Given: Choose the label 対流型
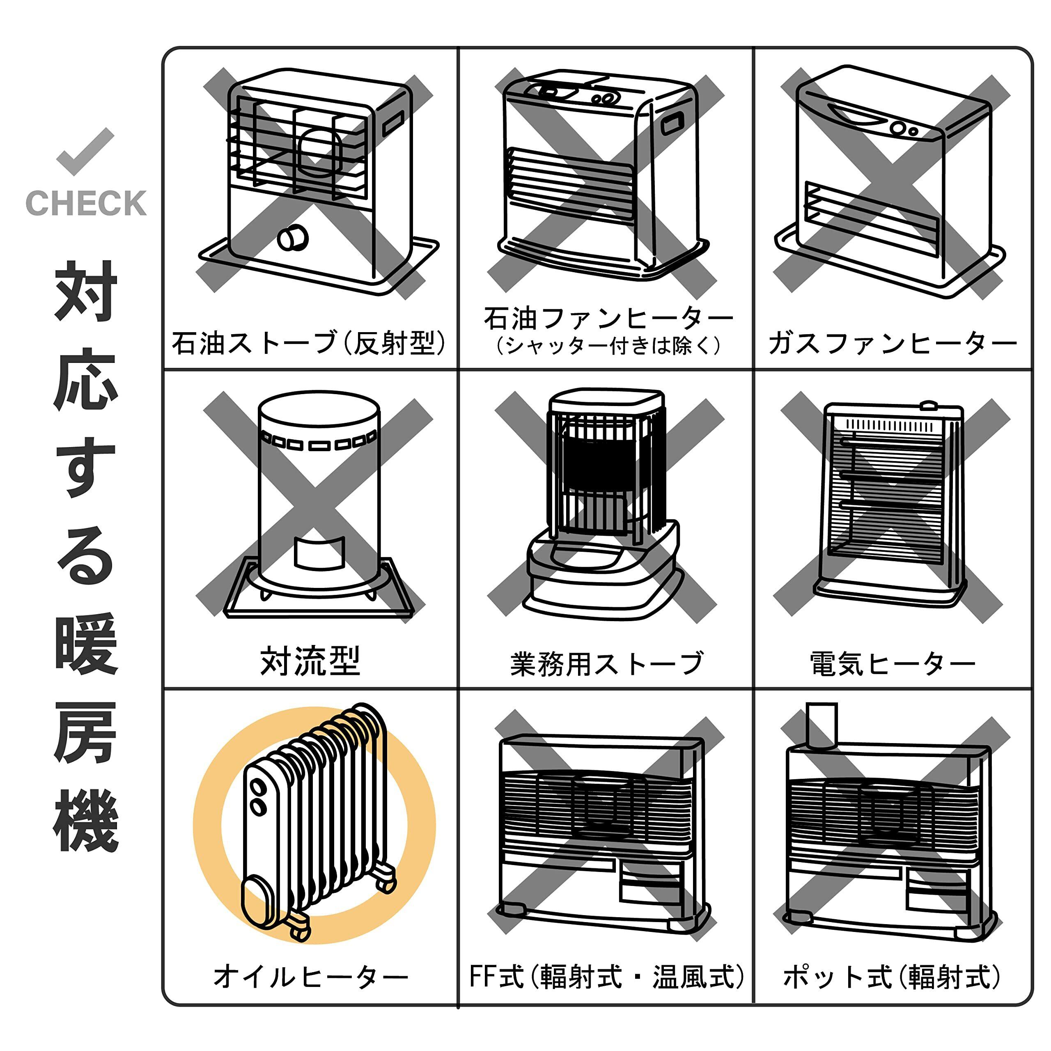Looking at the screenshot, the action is point(310,661).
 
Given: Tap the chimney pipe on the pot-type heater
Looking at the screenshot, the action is point(822,725).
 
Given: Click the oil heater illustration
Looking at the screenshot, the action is point(314,822).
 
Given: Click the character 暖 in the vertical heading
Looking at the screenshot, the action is point(86,644).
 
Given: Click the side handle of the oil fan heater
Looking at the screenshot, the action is point(672,124).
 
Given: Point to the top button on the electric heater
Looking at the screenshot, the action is point(929,405).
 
